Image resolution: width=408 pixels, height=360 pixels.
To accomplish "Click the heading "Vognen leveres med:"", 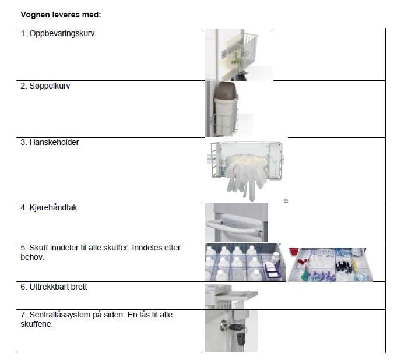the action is [x=61, y=15].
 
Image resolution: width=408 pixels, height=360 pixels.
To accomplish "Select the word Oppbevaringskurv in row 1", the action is [x=62, y=34].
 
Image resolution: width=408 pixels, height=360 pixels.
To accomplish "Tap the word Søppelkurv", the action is [x=50, y=86].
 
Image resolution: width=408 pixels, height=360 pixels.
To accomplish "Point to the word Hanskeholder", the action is [x=54, y=142].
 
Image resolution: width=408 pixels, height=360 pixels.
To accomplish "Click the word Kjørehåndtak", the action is [x=54, y=207].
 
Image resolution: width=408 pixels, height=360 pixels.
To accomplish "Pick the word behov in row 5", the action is [x=31, y=257].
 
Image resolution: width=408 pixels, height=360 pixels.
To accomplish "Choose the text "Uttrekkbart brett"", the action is [x=58, y=287].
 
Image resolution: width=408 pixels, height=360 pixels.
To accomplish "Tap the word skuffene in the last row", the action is [x=36, y=324].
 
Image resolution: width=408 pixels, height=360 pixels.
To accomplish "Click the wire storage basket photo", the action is [x=239, y=55].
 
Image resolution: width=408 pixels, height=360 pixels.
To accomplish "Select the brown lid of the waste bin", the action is [x=226, y=90].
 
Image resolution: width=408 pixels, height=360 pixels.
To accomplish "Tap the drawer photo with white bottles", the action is [x=245, y=262].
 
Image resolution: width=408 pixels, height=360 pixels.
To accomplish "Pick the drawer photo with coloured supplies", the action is [x=330, y=264].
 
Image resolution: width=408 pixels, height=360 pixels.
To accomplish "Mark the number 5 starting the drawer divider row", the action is [x=23, y=248].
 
